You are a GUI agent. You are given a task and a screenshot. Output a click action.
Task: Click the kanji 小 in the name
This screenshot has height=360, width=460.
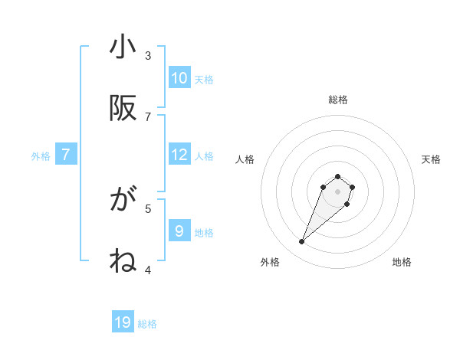(x=123, y=47)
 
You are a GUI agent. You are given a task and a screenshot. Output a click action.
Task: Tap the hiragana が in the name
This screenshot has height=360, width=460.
(x=123, y=201)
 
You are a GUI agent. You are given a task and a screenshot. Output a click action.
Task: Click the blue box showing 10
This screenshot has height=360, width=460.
(x=179, y=77)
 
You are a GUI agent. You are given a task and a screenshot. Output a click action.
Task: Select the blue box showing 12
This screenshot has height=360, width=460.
(x=179, y=155)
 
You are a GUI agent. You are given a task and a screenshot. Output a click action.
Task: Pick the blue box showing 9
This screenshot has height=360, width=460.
(x=179, y=231)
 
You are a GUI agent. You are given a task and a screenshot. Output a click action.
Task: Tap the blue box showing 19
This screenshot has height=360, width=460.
(x=123, y=322)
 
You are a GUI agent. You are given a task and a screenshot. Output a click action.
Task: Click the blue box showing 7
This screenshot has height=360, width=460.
(x=66, y=155)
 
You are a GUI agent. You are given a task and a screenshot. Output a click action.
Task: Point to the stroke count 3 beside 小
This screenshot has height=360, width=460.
(x=148, y=55)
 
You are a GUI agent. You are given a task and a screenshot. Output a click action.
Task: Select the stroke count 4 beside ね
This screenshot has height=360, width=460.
(x=148, y=270)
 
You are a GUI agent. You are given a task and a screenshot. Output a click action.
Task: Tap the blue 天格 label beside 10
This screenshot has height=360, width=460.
(x=203, y=79)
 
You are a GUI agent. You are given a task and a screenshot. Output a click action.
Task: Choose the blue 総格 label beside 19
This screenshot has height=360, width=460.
(x=147, y=324)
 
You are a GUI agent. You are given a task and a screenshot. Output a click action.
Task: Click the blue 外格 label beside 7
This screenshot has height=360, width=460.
(x=41, y=156)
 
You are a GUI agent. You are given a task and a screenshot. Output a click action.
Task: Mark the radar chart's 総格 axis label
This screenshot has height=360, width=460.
(x=338, y=100)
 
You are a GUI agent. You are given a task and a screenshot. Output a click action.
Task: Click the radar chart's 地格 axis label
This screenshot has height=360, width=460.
(x=402, y=262)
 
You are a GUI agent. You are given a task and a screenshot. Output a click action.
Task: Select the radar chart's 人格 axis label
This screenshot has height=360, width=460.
(x=245, y=159)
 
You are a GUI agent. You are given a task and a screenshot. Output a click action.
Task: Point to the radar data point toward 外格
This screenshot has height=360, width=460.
(x=302, y=242)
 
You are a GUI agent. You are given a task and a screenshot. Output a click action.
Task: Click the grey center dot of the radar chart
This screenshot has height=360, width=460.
(x=338, y=191)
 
